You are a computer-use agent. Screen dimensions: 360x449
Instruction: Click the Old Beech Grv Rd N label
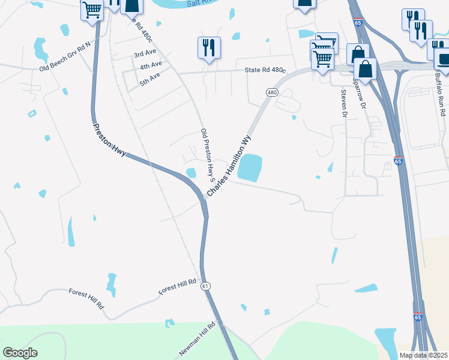(x=64, y=57)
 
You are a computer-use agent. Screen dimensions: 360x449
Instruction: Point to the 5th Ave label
(x=149, y=79)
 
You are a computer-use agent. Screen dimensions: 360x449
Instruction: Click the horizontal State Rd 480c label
(x=265, y=70)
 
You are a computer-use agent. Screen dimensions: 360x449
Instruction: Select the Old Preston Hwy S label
(x=208, y=155)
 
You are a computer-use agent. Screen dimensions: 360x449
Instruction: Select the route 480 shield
(x=272, y=92)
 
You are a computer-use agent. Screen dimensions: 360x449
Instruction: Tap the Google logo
(x=20, y=353)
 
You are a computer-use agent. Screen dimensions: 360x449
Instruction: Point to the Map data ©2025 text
(x=423, y=355)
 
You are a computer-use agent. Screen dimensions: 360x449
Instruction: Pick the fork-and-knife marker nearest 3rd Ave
(x=209, y=47)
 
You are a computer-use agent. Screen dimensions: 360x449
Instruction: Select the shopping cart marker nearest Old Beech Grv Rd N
(x=92, y=10)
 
